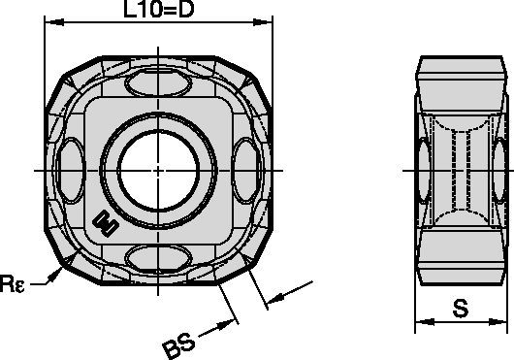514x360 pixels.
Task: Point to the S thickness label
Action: click(463, 311)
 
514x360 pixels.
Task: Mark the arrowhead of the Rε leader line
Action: click(57, 277)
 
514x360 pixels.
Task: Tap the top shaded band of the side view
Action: click(462, 74)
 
